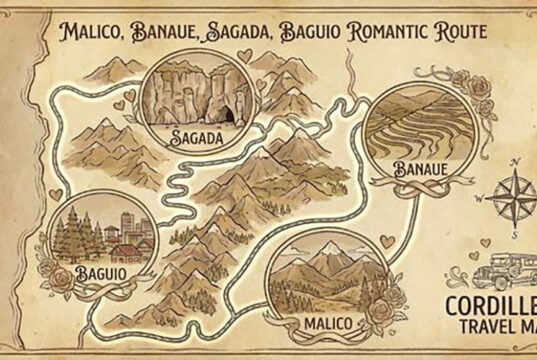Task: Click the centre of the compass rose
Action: coord(511,193)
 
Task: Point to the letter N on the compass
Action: coord(515,160)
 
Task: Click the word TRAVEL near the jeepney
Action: coord(489,326)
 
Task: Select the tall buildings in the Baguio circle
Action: coord(128,225)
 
